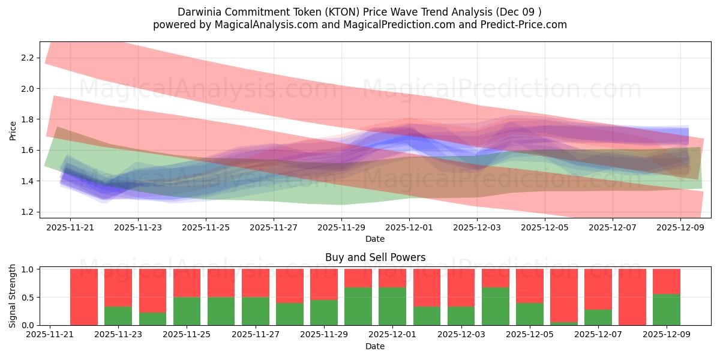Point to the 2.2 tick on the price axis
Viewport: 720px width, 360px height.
26,58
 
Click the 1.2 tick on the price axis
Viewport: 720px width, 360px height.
26,212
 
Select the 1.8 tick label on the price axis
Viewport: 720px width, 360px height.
26,119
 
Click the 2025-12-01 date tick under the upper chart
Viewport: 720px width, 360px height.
409,228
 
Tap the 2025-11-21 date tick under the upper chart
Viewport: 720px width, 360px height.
70,228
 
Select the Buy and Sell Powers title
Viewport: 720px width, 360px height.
375,257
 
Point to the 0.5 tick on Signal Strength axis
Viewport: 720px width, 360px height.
26,297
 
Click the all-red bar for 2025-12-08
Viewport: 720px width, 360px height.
632,297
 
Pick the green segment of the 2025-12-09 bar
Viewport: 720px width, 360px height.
667,310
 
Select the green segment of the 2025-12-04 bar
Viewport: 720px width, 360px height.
495,306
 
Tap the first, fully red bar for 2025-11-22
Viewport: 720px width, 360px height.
84,297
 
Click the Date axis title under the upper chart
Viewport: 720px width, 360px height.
375,239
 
